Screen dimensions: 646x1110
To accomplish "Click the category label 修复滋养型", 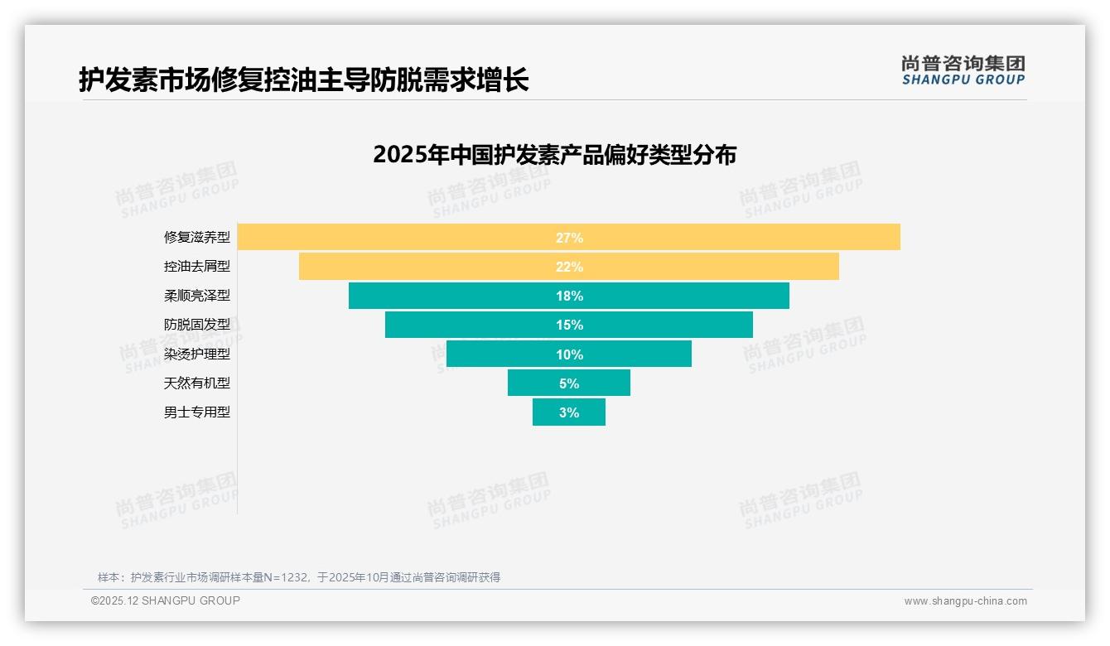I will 197,238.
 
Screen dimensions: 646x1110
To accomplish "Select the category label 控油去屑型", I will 197,267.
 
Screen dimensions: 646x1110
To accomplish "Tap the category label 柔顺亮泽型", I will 197,296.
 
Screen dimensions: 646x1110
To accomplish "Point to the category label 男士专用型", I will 197,412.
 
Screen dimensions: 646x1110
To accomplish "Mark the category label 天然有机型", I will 197,383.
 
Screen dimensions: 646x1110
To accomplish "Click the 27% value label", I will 569,238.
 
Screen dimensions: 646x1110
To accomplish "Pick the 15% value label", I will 569,325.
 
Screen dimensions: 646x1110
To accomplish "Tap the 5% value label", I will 569,383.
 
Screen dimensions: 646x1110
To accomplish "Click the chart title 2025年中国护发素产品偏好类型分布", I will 554,155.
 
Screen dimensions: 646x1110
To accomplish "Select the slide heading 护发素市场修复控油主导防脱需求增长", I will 303,80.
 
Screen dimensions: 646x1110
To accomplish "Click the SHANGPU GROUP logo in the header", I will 963,70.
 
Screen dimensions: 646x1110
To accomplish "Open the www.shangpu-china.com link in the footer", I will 965,601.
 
